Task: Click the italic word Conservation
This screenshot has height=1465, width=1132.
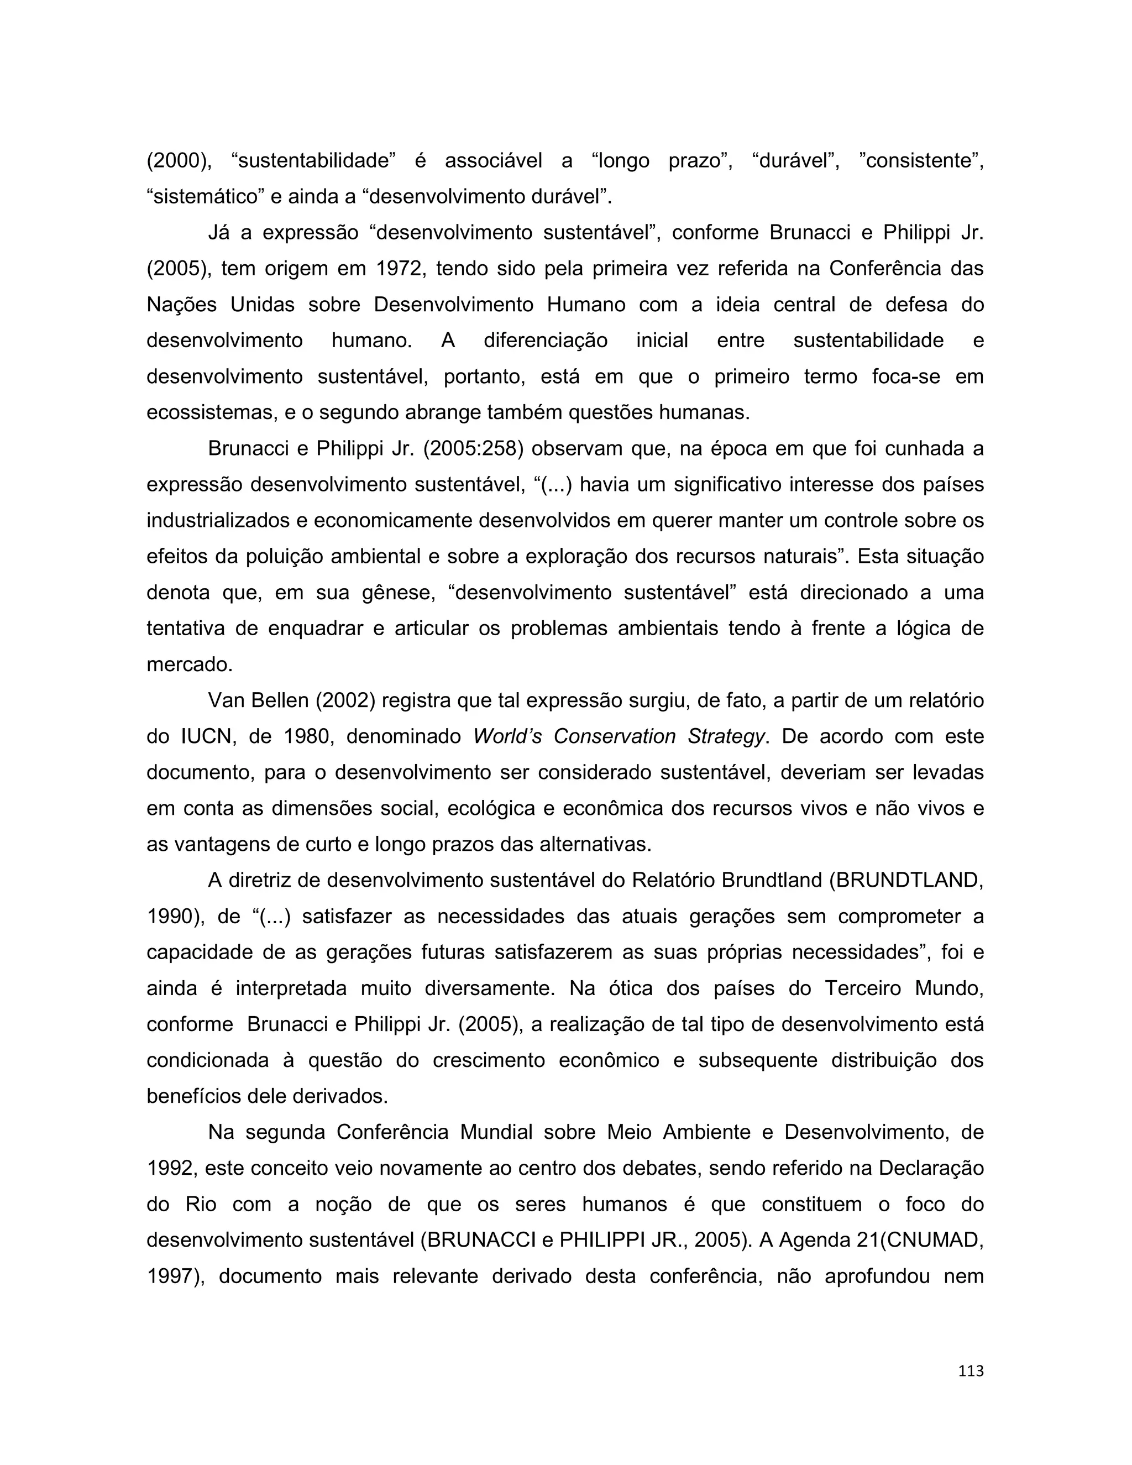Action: pyautogui.click(x=614, y=736)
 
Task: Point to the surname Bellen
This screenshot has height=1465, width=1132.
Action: pyautogui.click(x=279, y=700)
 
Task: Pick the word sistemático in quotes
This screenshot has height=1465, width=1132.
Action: pyautogui.click(x=205, y=197)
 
